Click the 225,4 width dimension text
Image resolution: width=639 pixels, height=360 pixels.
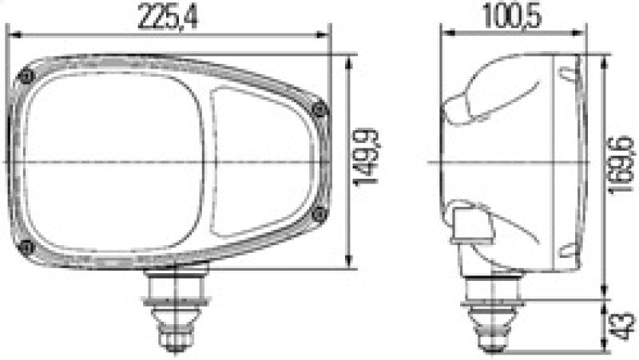coord(169,18)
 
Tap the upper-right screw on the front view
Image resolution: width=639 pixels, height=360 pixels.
coord(320,110)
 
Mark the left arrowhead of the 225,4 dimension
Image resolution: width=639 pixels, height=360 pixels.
coord(12,34)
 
